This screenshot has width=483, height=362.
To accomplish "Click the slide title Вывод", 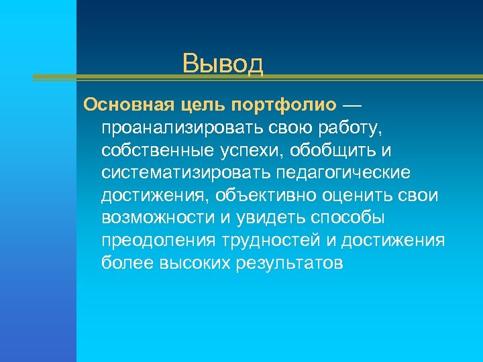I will point(223,64).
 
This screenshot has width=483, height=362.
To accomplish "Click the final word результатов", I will point(290,263).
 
